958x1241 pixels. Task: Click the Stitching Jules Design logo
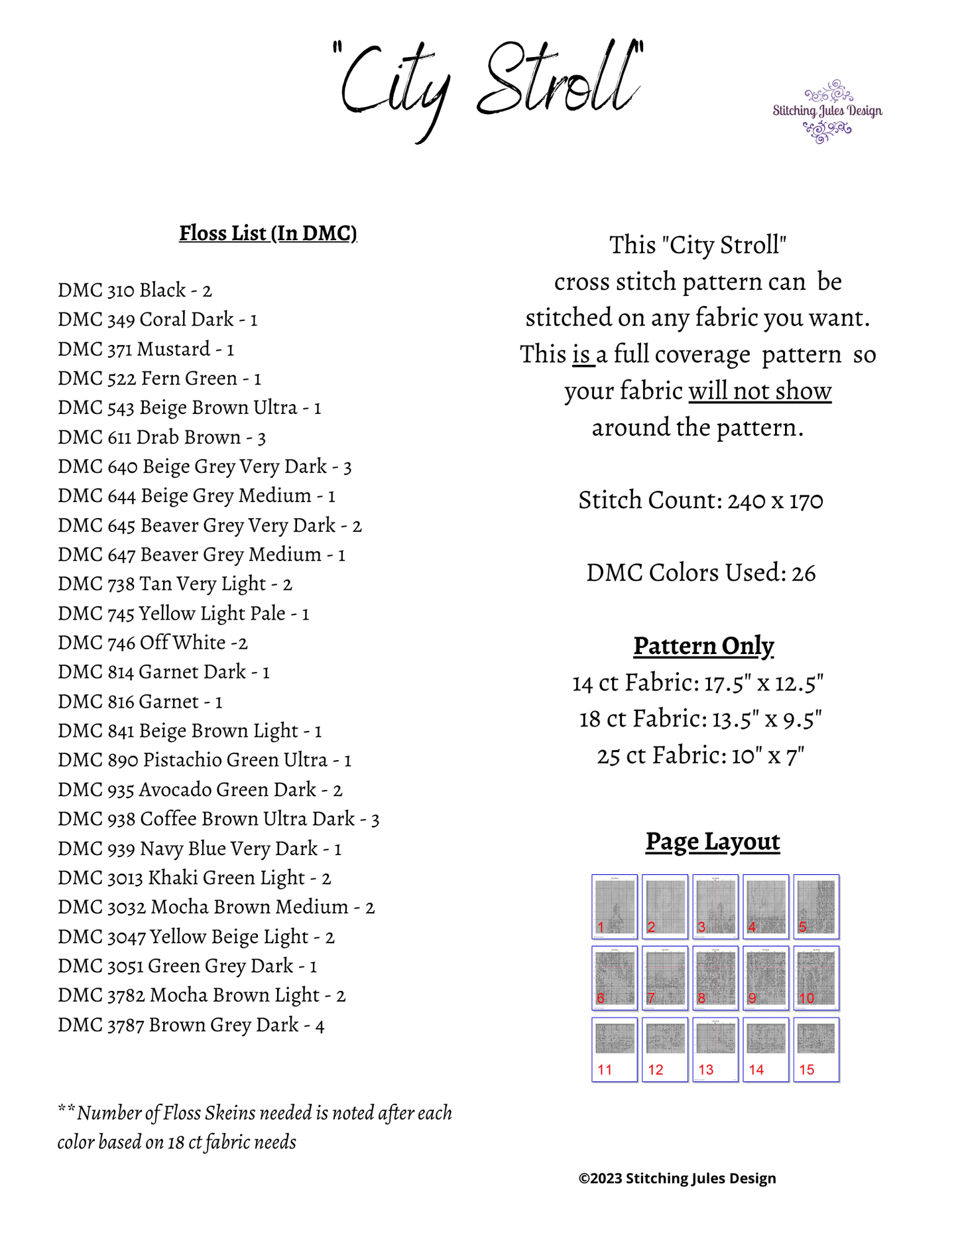[827, 111]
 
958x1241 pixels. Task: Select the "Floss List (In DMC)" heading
[268, 233]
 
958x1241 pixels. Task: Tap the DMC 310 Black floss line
[135, 291]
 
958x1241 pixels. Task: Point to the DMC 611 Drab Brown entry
[162, 438]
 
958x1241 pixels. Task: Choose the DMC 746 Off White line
[152, 643]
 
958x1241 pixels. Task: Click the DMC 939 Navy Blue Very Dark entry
[200, 849]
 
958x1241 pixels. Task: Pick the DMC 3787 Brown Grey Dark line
[191, 1025]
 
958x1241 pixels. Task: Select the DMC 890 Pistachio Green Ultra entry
[204, 760]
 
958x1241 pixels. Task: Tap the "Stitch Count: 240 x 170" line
[701, 501]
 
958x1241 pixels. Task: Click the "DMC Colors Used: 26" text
[701, 573]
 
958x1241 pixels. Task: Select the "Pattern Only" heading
[703, 646]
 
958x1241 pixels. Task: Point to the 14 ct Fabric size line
[698, 683]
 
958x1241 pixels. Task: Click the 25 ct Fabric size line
[701, 755]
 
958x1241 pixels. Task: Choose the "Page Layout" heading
[713, 842]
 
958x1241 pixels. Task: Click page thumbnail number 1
[615, 907]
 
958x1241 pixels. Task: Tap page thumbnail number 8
[715, 978]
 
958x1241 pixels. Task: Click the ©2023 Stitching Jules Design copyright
[677, 1179]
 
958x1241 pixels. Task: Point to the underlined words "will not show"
[760, 391]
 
